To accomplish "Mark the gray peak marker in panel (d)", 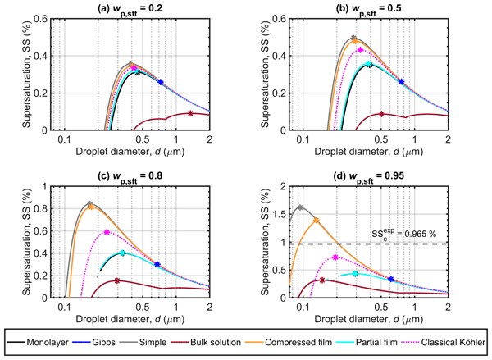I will pyautogui.click(x=300, y=207).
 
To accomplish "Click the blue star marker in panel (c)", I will pyautogui.click(x=157, y=264).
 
